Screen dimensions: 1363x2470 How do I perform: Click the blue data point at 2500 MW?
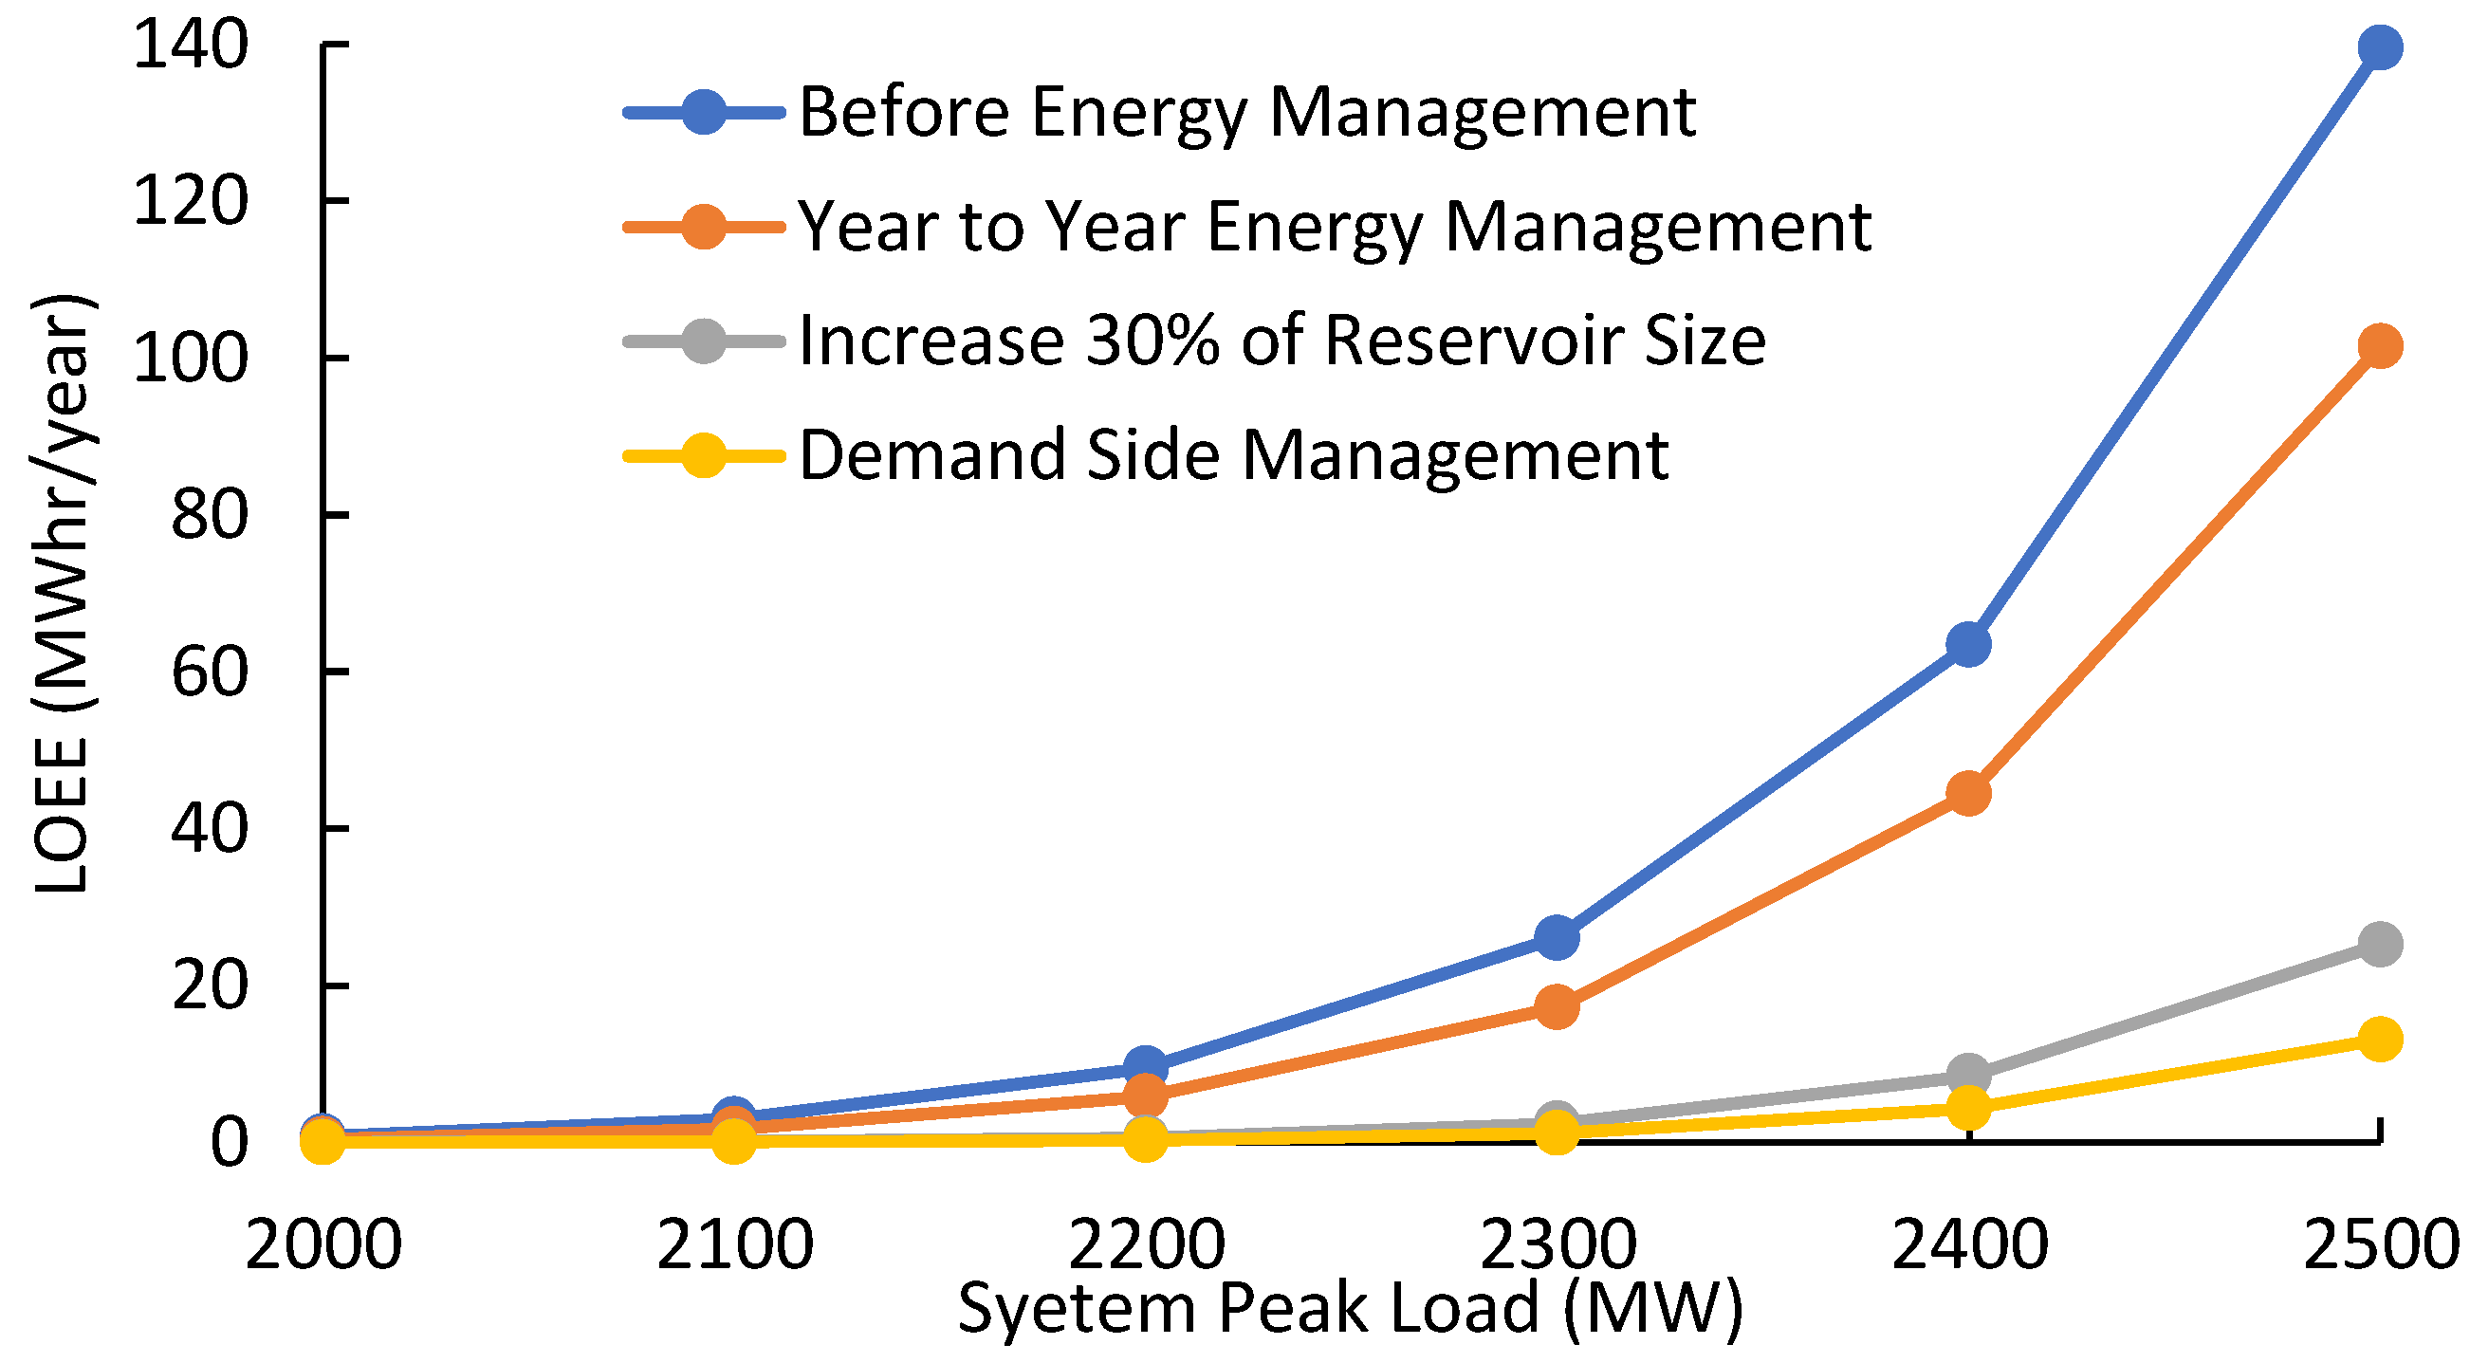click(x=2379, y=47)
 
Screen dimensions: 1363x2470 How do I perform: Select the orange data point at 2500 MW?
click(x=2379, y=345)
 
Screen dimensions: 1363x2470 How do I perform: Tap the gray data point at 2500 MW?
click(x=2379, y=944)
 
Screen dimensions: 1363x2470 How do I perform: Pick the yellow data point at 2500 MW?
click(x=2379, y=1038)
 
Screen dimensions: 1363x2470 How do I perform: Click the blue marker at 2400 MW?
click(x=1968, y=644)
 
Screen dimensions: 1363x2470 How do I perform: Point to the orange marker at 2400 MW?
click(x=1968, y=794)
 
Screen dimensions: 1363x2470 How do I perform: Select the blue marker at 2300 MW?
click(x=1557, y=936)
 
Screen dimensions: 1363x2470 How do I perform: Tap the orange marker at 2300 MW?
click(x=1557, y=1006)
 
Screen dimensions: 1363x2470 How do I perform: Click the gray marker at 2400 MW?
click(x=1968, y=1074)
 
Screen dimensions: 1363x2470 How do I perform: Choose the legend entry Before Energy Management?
click(x=1246, y=113)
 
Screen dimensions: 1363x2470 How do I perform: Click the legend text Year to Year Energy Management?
click(x=1334, y=228)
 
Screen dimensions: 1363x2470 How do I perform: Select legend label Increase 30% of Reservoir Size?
click(x=1281, y=341)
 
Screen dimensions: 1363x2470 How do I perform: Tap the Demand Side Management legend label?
click(x=1233, y=455)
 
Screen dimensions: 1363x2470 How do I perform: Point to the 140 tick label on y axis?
click(x=191, y=45)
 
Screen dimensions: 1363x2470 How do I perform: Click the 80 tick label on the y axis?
click(x=209, y=516)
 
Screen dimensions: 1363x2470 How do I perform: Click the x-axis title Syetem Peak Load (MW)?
click(x=1350, y=1307)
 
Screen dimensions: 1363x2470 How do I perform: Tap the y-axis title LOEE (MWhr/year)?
click(x=63, y=595)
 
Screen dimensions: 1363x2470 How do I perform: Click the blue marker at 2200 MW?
click(x=1145, y=1066)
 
